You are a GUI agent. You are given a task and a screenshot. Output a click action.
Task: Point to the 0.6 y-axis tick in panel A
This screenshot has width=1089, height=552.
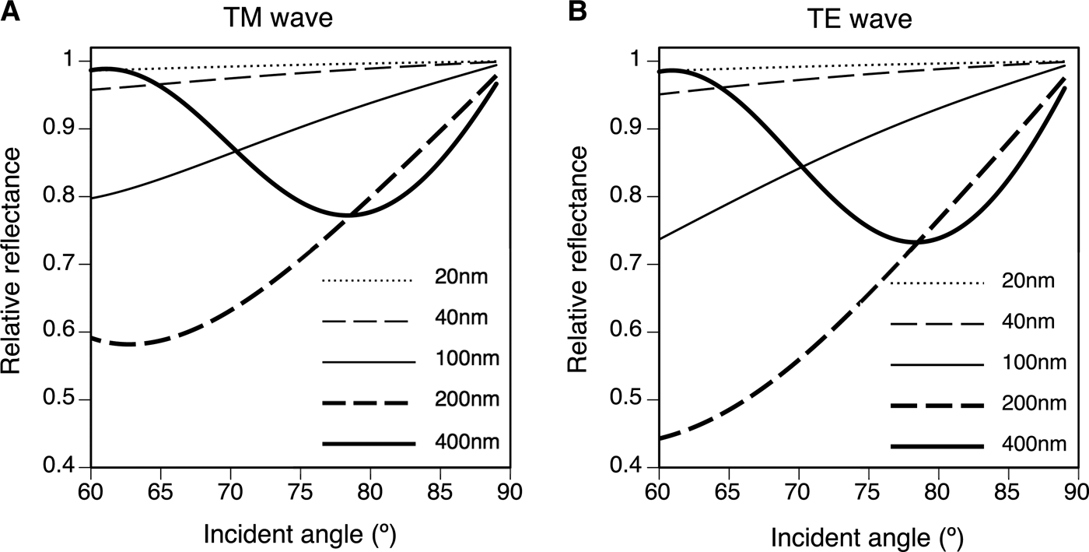[69, 332]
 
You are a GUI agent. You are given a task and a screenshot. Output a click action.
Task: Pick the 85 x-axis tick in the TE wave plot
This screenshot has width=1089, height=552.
[1007, 493]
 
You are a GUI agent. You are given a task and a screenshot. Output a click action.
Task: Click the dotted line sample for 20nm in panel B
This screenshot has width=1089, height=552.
[937, 282]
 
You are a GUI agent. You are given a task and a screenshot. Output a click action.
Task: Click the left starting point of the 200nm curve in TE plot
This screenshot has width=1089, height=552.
[660, 439]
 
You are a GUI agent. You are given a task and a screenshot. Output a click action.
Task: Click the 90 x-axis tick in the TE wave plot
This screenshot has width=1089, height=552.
[1077, 493]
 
